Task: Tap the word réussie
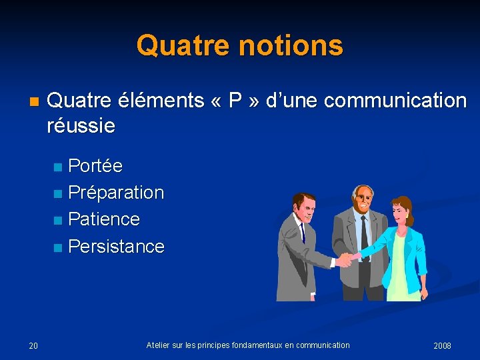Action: click(x=81, y=125)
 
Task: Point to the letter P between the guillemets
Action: click(x=235, y=101)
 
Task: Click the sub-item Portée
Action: click(x=95, y=165)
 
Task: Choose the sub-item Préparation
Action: click(x=116, y=193)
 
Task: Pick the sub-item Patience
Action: click(x=104, y=219)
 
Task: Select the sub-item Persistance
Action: click(x=116, y=247)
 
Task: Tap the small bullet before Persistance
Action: click(x=58, y=248)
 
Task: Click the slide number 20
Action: click(x=33, y=345)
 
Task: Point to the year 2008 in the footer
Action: click(x=442, y=345)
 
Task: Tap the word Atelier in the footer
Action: click(x=159, y=345)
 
